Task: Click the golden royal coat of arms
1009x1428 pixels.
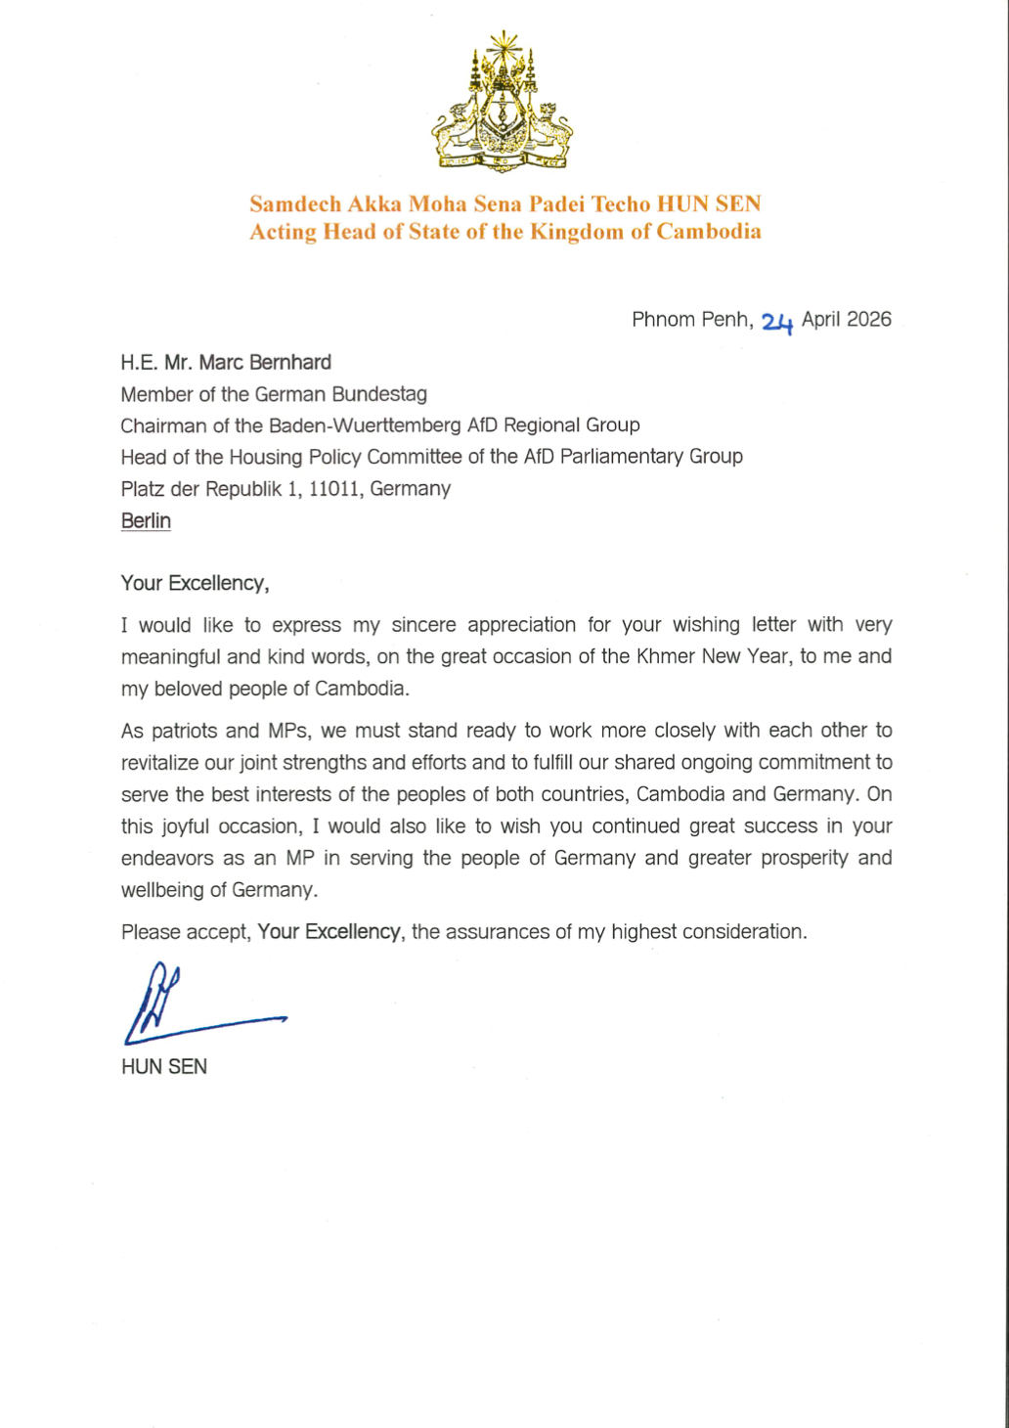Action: (503, 103)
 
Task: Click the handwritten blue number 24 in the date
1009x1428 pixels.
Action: (776, 322)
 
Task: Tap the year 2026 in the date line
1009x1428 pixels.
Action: (868, 320)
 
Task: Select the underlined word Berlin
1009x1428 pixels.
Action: (146, 520)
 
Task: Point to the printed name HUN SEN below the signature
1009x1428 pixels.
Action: (164, 1067)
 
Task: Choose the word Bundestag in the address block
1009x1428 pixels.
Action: (379, 394)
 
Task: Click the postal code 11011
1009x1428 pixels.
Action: (334, 488)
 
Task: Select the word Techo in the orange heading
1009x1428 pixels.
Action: (621, 204)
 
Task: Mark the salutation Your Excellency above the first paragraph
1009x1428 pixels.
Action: (194, 584)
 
